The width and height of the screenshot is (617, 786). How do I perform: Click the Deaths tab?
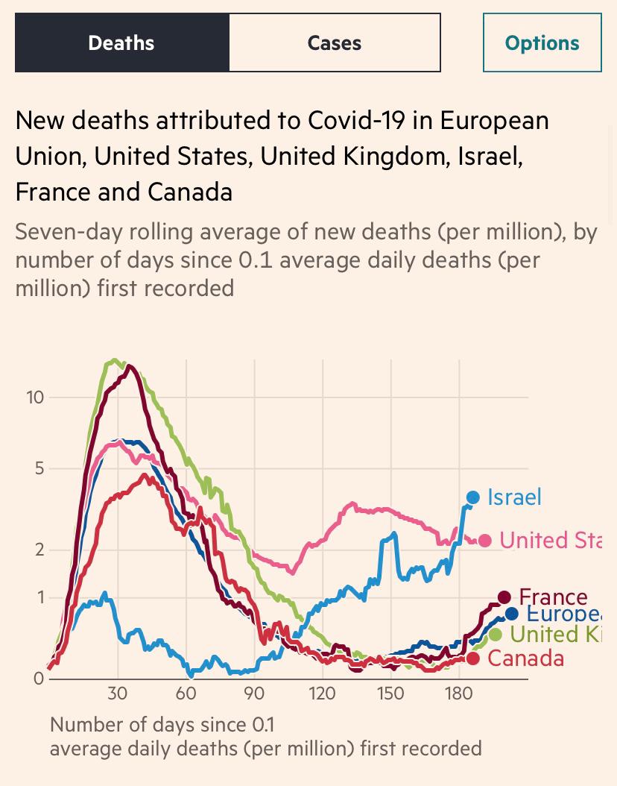click(121, 43)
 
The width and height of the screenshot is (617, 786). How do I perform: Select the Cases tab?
click(334, 43)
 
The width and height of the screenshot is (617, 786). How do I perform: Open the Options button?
click(542, 43)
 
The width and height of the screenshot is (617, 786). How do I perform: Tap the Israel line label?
click(514, 497)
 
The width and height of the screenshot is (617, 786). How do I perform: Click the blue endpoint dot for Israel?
click(473, 497)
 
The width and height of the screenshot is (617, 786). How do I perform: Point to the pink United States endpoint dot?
click(485, 541)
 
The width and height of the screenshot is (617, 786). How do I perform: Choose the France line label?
click(553, 597)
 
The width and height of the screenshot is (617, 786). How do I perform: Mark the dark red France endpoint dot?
click(504, 597)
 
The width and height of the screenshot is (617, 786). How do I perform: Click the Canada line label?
click(525, 658)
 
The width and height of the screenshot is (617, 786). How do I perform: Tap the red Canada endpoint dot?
click(473, 658)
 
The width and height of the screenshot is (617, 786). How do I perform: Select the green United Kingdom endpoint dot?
click(496, 635)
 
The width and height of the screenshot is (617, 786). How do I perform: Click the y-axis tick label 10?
click(35, 397)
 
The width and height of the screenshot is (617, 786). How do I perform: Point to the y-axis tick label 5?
click(39, 469)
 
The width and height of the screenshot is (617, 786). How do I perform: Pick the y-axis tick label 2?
click(39, 550)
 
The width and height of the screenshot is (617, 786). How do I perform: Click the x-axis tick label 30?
click(117, 694)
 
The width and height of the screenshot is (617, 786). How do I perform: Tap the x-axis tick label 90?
click(254, 694)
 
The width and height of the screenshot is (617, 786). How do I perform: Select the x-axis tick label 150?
click(390, 694)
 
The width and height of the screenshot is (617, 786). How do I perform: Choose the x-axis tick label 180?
click(459, 694)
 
